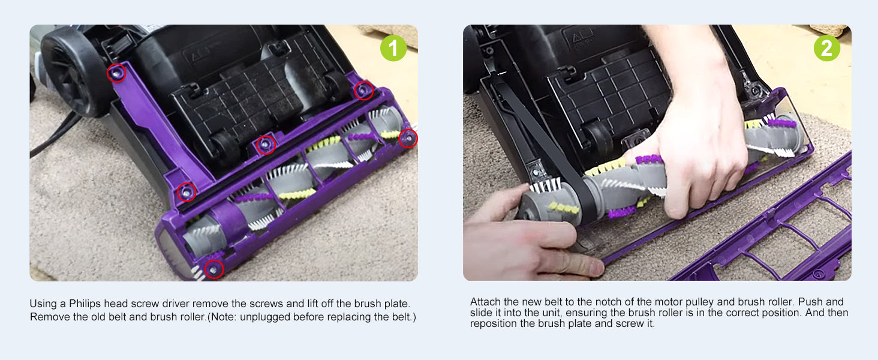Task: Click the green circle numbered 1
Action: (x=393, y=48)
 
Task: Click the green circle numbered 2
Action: (x=826, y=48)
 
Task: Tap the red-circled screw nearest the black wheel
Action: (x=116, y=73)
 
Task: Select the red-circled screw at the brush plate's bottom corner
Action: (x=214, y=269)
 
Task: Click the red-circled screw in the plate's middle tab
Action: (x=266, y=145)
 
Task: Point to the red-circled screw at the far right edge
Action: (x=408, y=138)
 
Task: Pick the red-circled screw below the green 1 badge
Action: (x=364, y=91)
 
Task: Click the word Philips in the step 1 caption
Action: (x=85, y=304)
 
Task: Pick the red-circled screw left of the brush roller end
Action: (x=186, y=193)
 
